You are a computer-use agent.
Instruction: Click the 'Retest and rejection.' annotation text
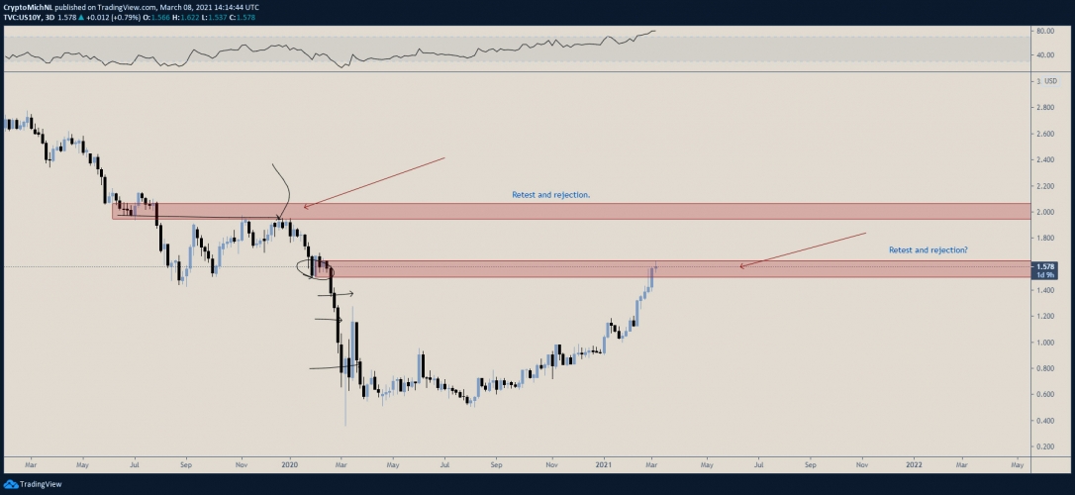point(550,195)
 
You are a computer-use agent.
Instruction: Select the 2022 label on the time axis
point(914,463)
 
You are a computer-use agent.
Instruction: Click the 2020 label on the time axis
point(290,463)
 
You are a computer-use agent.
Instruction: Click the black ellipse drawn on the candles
point(316,268)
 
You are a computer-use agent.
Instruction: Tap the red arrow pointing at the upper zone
point(374,182)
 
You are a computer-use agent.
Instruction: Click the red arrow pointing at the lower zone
point(802,249)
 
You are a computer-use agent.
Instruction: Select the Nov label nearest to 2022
point(861,463)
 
